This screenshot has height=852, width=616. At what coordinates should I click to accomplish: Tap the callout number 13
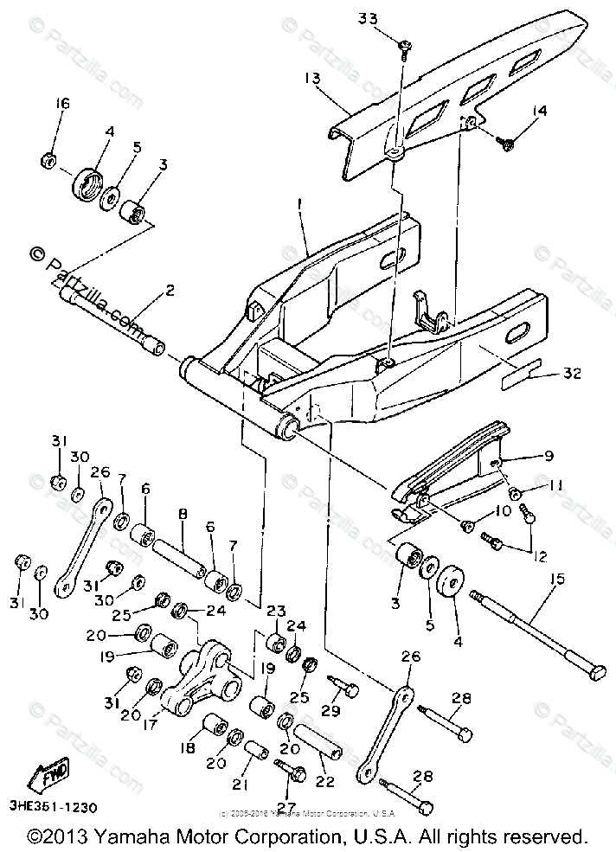[x=311, y=79]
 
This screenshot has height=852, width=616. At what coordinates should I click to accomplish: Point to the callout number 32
[x=572, y=374]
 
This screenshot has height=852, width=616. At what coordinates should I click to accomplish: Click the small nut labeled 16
[x=49, y=160]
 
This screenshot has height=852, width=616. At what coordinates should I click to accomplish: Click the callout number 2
[x=170, y=289]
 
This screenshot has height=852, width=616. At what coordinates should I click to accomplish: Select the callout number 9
[x=549, y=456]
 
